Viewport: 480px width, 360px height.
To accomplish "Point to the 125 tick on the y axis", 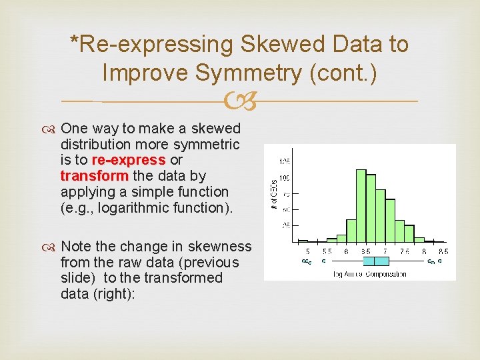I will point(284,161).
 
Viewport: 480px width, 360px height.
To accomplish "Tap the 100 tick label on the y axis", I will point(284,177).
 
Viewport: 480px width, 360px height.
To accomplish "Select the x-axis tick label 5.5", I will point(327,251).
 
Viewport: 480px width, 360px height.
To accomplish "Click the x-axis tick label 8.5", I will point(443,251).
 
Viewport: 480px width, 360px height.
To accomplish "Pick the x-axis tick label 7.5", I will point(404,251).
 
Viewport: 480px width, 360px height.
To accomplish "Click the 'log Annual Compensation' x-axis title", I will point(369,274).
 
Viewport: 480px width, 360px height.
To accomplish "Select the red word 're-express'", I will point(128,160).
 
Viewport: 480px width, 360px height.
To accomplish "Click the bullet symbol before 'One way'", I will point(51,129).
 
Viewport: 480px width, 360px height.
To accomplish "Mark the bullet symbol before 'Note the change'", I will point(51,247).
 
